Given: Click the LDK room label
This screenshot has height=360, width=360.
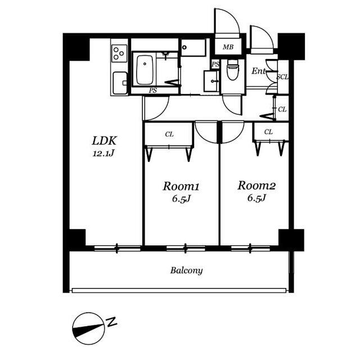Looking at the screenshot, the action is [x=104, y=141].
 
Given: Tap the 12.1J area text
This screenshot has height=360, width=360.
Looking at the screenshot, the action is [x=103, y=154].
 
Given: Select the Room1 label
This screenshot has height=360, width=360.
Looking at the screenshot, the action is [x=181, y=186].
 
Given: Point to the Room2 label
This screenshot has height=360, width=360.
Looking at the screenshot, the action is [x=256, y=185].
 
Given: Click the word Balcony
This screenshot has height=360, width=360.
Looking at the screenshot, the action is [x=186, y=270].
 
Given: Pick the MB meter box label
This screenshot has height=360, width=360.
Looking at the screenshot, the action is [x=228, y=47].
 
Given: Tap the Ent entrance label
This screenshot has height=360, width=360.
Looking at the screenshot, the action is [x=259, y=71].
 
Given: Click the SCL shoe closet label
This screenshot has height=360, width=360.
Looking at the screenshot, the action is [x=282, y=77].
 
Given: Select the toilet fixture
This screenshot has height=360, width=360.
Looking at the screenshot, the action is [x=232, y=70].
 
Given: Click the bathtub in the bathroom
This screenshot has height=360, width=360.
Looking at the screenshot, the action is [x=145, y=70].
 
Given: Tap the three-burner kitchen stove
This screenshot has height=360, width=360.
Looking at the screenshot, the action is [x=119, y=53].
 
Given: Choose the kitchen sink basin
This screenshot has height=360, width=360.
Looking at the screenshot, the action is [x=120, y=83].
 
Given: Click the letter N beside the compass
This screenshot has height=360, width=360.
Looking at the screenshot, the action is [x=112, y=322].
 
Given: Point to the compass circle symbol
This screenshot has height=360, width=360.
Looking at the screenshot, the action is [x=88, y=328].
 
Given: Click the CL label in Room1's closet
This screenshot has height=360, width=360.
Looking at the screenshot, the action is [x=169, y=134].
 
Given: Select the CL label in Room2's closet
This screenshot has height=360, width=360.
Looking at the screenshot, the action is [x=268, y=132].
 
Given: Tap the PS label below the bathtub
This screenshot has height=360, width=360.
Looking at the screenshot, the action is [x=153, y=91].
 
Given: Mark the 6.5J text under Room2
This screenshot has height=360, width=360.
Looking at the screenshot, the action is [x=256, y=197].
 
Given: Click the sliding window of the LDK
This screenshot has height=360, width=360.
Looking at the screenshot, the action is [x=118, y=248].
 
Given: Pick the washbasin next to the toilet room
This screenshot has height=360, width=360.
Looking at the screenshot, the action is [x=211, y=81].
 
